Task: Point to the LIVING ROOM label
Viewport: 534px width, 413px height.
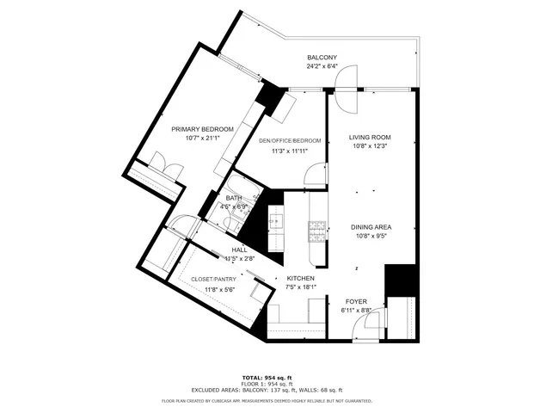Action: coord(370,137)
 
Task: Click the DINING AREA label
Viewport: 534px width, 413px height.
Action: coord(372,227)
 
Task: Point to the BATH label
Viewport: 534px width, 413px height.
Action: coord(235,197)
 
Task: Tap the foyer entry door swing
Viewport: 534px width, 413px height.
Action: coord(371,323)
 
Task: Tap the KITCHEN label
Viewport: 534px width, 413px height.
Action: coord(300,279)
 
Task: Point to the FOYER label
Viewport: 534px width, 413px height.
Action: coord(357,301)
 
